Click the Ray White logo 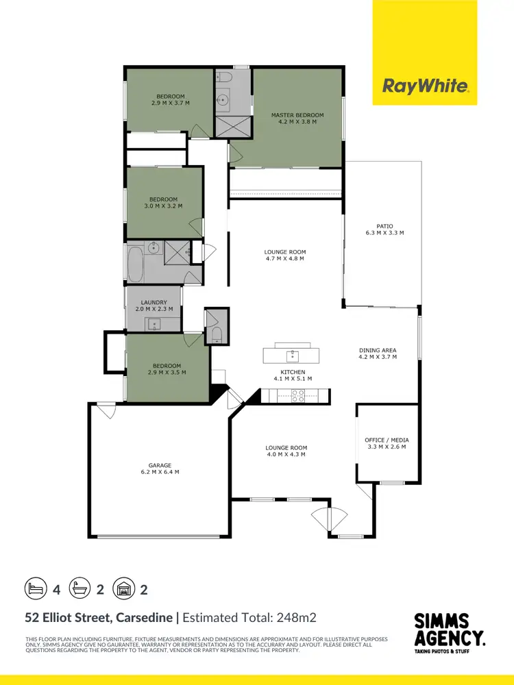[x=425, y=86]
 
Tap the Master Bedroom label [x=297, y=115]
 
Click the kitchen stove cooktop [x=299, y=395]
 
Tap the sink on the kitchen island [x=293, y=355]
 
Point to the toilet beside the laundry [x=216, y=334]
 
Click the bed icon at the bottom [x=35, y=588]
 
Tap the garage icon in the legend [x=123, y=588]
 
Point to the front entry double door [x=329, y=519]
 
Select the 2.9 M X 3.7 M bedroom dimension [x=171, y=103]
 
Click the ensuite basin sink [x=223, y=100]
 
